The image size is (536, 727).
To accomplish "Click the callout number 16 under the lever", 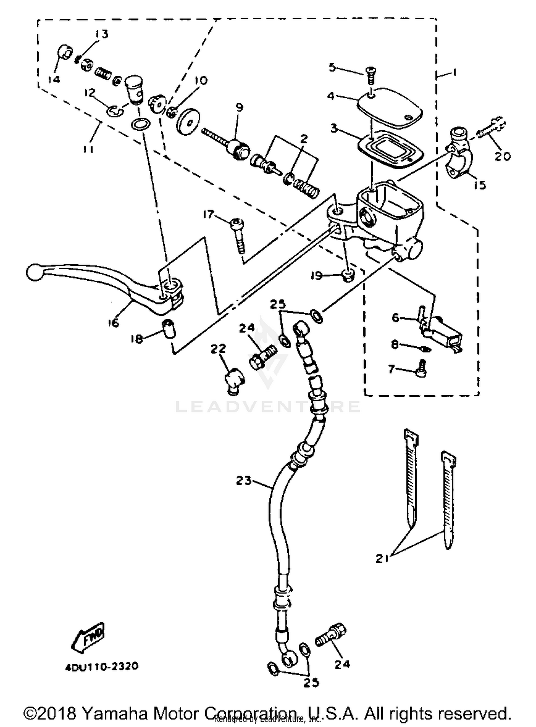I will click(x=113, y=323).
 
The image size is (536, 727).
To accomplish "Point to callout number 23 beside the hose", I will click(x=244, y=481).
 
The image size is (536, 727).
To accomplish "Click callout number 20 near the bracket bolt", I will click(x=502, y=156).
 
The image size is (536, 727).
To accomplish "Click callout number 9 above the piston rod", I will click(x=239, y=107).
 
